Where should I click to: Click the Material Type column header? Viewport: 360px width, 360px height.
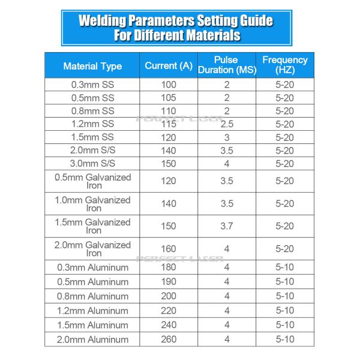pos(92,66)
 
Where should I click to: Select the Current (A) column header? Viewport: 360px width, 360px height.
pos(169,65)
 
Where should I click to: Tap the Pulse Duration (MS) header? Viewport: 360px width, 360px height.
pos(226,65)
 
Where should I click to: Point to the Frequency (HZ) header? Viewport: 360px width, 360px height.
pos(284,65)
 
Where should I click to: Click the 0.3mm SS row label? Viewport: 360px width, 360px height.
pos(92,85)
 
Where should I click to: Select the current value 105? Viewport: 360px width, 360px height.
pos(169,98)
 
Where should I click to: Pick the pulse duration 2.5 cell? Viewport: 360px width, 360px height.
pos(226,124)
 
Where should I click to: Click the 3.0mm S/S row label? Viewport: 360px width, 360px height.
pos(92,164)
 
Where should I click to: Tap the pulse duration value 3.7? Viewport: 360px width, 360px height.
pos(226,226)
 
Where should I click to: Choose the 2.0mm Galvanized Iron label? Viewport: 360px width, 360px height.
pos(92,248)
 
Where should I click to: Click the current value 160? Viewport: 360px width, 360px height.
pos(169,248)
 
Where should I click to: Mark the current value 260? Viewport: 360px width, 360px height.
pos(169,340)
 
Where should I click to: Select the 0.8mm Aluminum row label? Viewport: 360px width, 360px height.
pos(92,296)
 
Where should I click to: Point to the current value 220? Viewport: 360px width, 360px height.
pos(169,311)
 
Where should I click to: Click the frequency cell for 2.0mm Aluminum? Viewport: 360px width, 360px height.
pos(284,340)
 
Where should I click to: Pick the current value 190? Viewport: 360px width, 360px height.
pos(169,282)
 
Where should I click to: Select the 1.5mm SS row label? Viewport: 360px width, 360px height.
pos(92,137)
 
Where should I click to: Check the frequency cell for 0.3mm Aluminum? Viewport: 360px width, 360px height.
pos(284,268)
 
